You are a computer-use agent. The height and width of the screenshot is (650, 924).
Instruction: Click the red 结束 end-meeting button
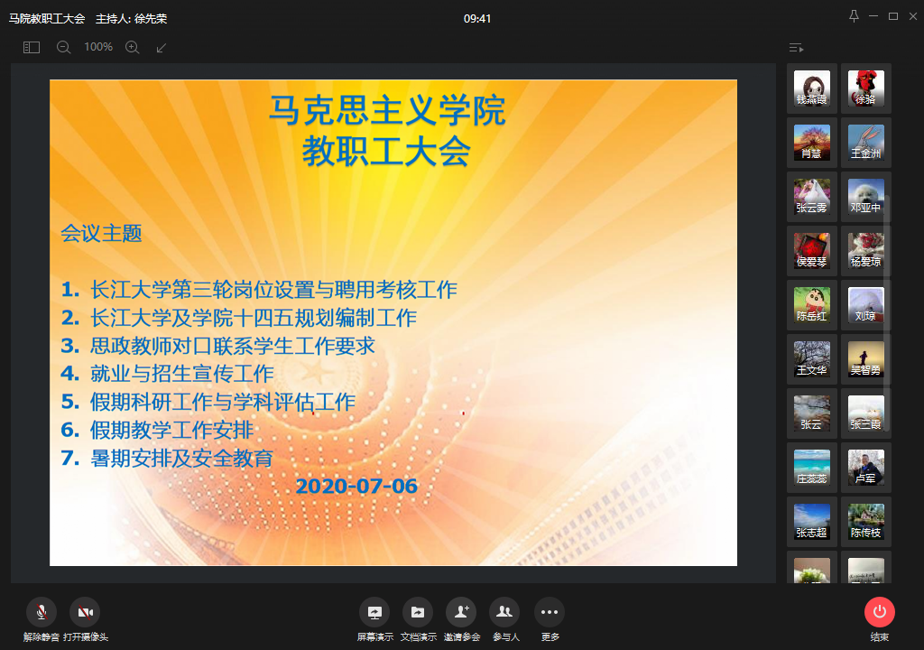tap(880, 612)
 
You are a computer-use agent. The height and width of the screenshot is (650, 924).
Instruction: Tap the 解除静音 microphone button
tap(42, 612)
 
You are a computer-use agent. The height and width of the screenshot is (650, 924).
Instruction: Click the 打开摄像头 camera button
tap(86, 612)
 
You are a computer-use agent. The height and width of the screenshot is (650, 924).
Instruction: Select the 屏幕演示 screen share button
tap(374, 612)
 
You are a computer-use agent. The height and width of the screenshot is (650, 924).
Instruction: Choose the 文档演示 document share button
tap(418, 612)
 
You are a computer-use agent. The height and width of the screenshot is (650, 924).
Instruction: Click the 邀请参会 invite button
tap(461, 612)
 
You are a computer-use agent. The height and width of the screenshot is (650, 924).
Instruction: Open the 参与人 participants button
tap(504, 612)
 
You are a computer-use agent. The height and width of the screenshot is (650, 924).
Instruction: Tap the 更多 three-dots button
tap(550, 612)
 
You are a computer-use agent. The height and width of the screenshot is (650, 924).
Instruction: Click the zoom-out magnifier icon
tap(63, 47)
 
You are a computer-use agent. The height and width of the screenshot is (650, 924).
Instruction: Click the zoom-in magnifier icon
tap(132, 47)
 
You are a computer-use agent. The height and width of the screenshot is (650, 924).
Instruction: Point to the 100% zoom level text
tap(97, 47)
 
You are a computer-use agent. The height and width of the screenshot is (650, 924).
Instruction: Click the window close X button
tap(912, 16)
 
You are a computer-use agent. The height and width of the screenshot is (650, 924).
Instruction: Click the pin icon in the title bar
tap(854, 16)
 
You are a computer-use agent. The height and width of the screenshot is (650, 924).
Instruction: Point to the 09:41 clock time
tap(477, 18)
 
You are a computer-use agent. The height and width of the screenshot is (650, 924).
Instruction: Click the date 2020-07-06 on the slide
tap(356, 486)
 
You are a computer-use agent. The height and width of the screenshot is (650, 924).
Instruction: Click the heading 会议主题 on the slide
tap(101, 234)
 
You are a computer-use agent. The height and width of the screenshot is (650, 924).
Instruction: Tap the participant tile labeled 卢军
tap(866, 467)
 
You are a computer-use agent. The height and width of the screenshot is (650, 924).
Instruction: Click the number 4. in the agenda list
tap(70, 373)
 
